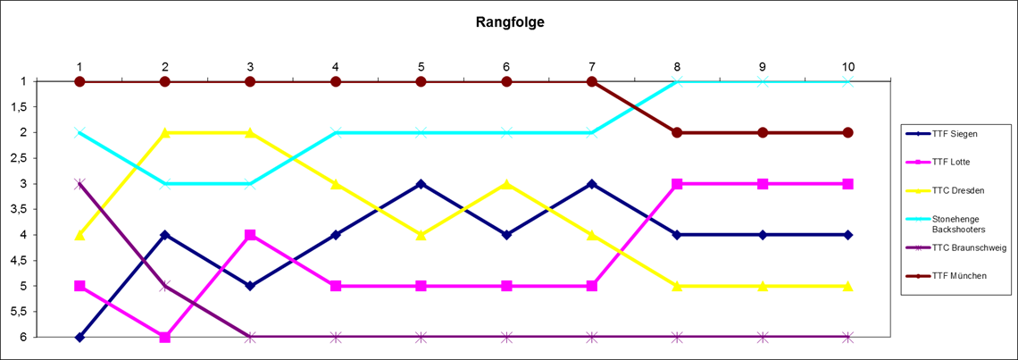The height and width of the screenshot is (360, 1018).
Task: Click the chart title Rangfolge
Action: pos(509,22)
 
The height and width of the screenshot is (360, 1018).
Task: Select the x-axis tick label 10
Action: pos(847,66)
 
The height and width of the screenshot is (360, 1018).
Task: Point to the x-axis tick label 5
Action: pos(421,66)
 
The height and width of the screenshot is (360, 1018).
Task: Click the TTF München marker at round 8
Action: pos(677,132)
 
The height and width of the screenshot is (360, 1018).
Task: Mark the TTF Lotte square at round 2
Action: pos(165,337)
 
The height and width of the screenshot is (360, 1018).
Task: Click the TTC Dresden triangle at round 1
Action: pos(79,235)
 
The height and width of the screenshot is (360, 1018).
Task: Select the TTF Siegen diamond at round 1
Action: pos(79,337)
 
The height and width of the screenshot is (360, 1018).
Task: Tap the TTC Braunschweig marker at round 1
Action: pos(79,184)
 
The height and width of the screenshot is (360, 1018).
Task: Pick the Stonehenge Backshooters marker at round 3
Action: pos(250,184)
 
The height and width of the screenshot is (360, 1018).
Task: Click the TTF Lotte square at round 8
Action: pos(677,184)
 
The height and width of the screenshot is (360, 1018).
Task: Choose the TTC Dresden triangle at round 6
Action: pos(506,184)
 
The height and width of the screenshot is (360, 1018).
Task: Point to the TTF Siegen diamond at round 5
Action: pos(421,184)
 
